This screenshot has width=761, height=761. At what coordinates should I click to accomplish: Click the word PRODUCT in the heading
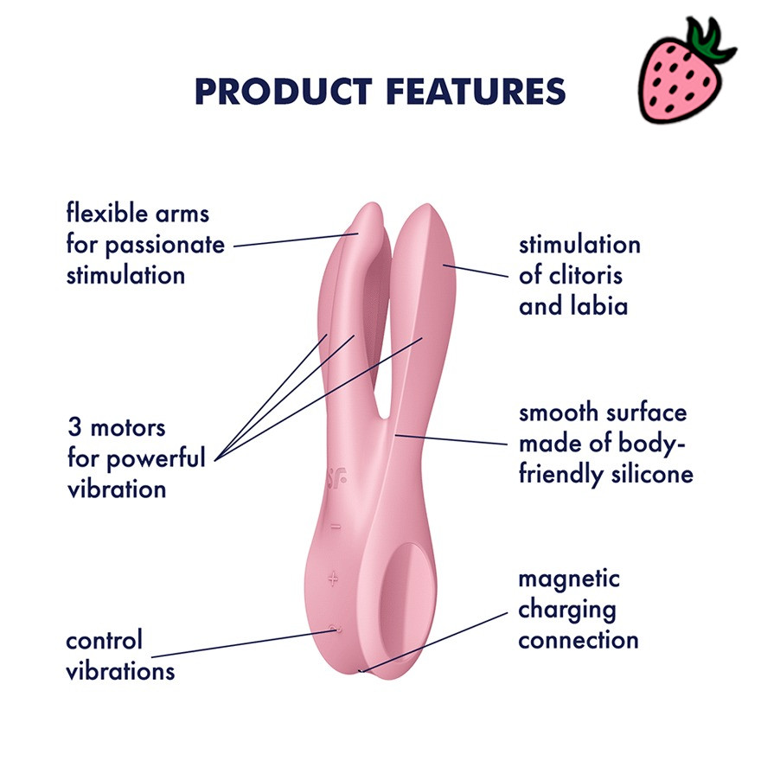tap(284, 92)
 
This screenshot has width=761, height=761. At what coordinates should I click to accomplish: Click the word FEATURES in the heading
tap(476, 92)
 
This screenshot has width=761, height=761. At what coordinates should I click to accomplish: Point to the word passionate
tap(165, 246)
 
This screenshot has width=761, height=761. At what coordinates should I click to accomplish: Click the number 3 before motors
tap(74, 427)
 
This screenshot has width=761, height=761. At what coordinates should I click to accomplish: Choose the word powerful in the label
tap(156, 458)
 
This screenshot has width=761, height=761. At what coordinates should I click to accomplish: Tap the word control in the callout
tap(105, 640)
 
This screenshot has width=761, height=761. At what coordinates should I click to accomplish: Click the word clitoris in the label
tap(585, 276)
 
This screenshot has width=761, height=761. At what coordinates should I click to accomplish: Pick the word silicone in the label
tap(652, 474)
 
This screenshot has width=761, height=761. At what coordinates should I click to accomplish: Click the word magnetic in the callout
tap(569, 580)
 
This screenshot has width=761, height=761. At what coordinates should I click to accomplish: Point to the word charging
tap(567, 611)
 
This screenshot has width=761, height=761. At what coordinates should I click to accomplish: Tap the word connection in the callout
tap(579, 641)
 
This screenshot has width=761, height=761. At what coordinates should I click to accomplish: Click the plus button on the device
tap(333, 579)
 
